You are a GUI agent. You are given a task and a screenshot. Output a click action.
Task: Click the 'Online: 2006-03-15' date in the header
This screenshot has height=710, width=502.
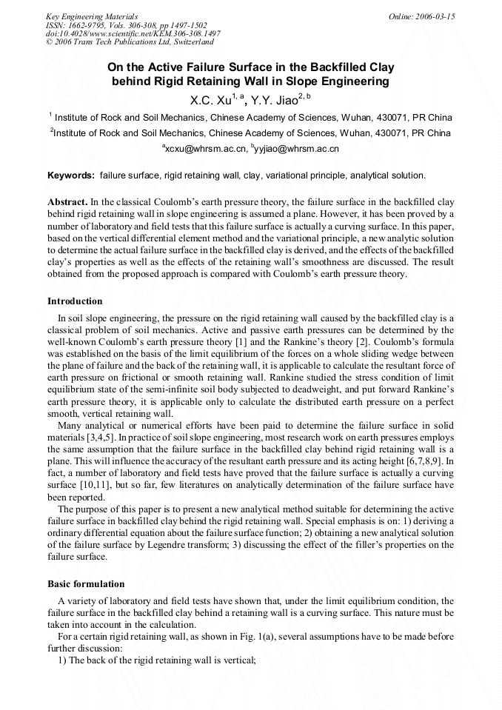[421, 16]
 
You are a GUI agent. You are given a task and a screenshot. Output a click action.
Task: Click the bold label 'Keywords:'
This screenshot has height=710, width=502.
[71, 175]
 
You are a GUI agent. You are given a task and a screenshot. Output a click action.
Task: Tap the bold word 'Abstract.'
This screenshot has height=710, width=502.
[67, 202]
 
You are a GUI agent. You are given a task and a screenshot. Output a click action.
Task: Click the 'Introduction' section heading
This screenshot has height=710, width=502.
[75, 301]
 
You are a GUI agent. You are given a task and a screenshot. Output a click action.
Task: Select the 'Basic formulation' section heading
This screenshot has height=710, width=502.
[85, 583]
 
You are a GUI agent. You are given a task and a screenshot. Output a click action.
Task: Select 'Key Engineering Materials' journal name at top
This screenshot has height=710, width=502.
[92, 16]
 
